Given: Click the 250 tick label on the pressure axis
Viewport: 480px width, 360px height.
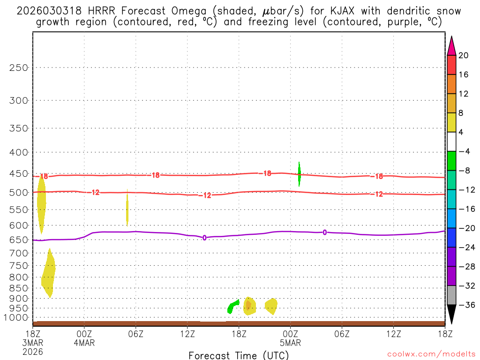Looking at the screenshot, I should [x=19, y=67].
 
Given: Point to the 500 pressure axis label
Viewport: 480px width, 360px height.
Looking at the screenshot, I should [x=19, y=192].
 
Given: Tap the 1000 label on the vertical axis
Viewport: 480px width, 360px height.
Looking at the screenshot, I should [x=16, y=318].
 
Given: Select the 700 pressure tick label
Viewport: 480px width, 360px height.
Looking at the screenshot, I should [x=19, y=253].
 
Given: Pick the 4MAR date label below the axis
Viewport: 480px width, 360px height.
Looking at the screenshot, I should [x=84, y=342].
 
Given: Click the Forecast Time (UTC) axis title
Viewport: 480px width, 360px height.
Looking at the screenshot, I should [x=239, y=355].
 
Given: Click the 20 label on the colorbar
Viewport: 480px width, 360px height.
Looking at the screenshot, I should [x=464, y=55].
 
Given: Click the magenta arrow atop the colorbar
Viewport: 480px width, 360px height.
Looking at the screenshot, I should [x=451, y=46].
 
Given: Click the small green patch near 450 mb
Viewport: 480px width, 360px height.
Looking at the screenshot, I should [x=300, y=173].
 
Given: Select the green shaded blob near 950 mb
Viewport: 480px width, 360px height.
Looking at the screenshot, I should [x=232, y=307].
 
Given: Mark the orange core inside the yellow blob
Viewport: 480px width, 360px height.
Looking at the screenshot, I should [x=248, y=305].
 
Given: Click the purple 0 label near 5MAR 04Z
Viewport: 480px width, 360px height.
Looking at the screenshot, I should [x=324, y=232].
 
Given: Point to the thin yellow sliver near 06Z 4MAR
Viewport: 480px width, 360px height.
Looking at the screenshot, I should [x=127, y=209].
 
